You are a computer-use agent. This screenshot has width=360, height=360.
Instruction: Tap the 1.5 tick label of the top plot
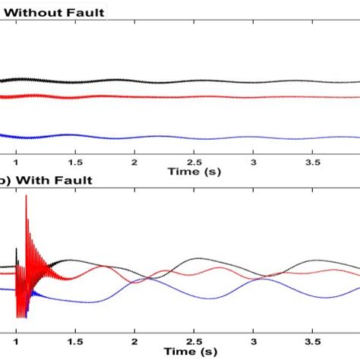pos(74,163)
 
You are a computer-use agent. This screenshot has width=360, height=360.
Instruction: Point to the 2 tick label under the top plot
pos(134,163)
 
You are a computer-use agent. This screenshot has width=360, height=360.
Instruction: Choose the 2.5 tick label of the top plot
pos(194,163)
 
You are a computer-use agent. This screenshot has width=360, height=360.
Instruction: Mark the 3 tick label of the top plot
pos(254,163)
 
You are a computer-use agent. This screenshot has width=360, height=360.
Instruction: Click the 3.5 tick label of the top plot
pos(313,163)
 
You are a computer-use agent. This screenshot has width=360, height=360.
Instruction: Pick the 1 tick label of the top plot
pos(16,163)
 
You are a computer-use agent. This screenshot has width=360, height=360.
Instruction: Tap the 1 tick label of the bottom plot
pos(16,332)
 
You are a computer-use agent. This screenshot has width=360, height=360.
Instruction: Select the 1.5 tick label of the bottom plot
pos(74,332)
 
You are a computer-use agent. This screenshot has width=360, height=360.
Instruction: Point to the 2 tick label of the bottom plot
pos(134,332)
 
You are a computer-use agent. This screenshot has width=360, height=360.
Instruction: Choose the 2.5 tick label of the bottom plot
pos(194,332)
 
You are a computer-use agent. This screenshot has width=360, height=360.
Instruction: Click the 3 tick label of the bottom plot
pos(254,332)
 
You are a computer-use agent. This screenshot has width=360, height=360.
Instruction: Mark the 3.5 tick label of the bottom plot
pos(313,332)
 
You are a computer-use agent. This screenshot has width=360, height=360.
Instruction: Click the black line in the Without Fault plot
pos(190,82)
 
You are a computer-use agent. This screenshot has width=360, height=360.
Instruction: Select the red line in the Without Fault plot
pos(190,96)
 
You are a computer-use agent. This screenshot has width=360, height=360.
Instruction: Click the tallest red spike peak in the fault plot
pos(27,197)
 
